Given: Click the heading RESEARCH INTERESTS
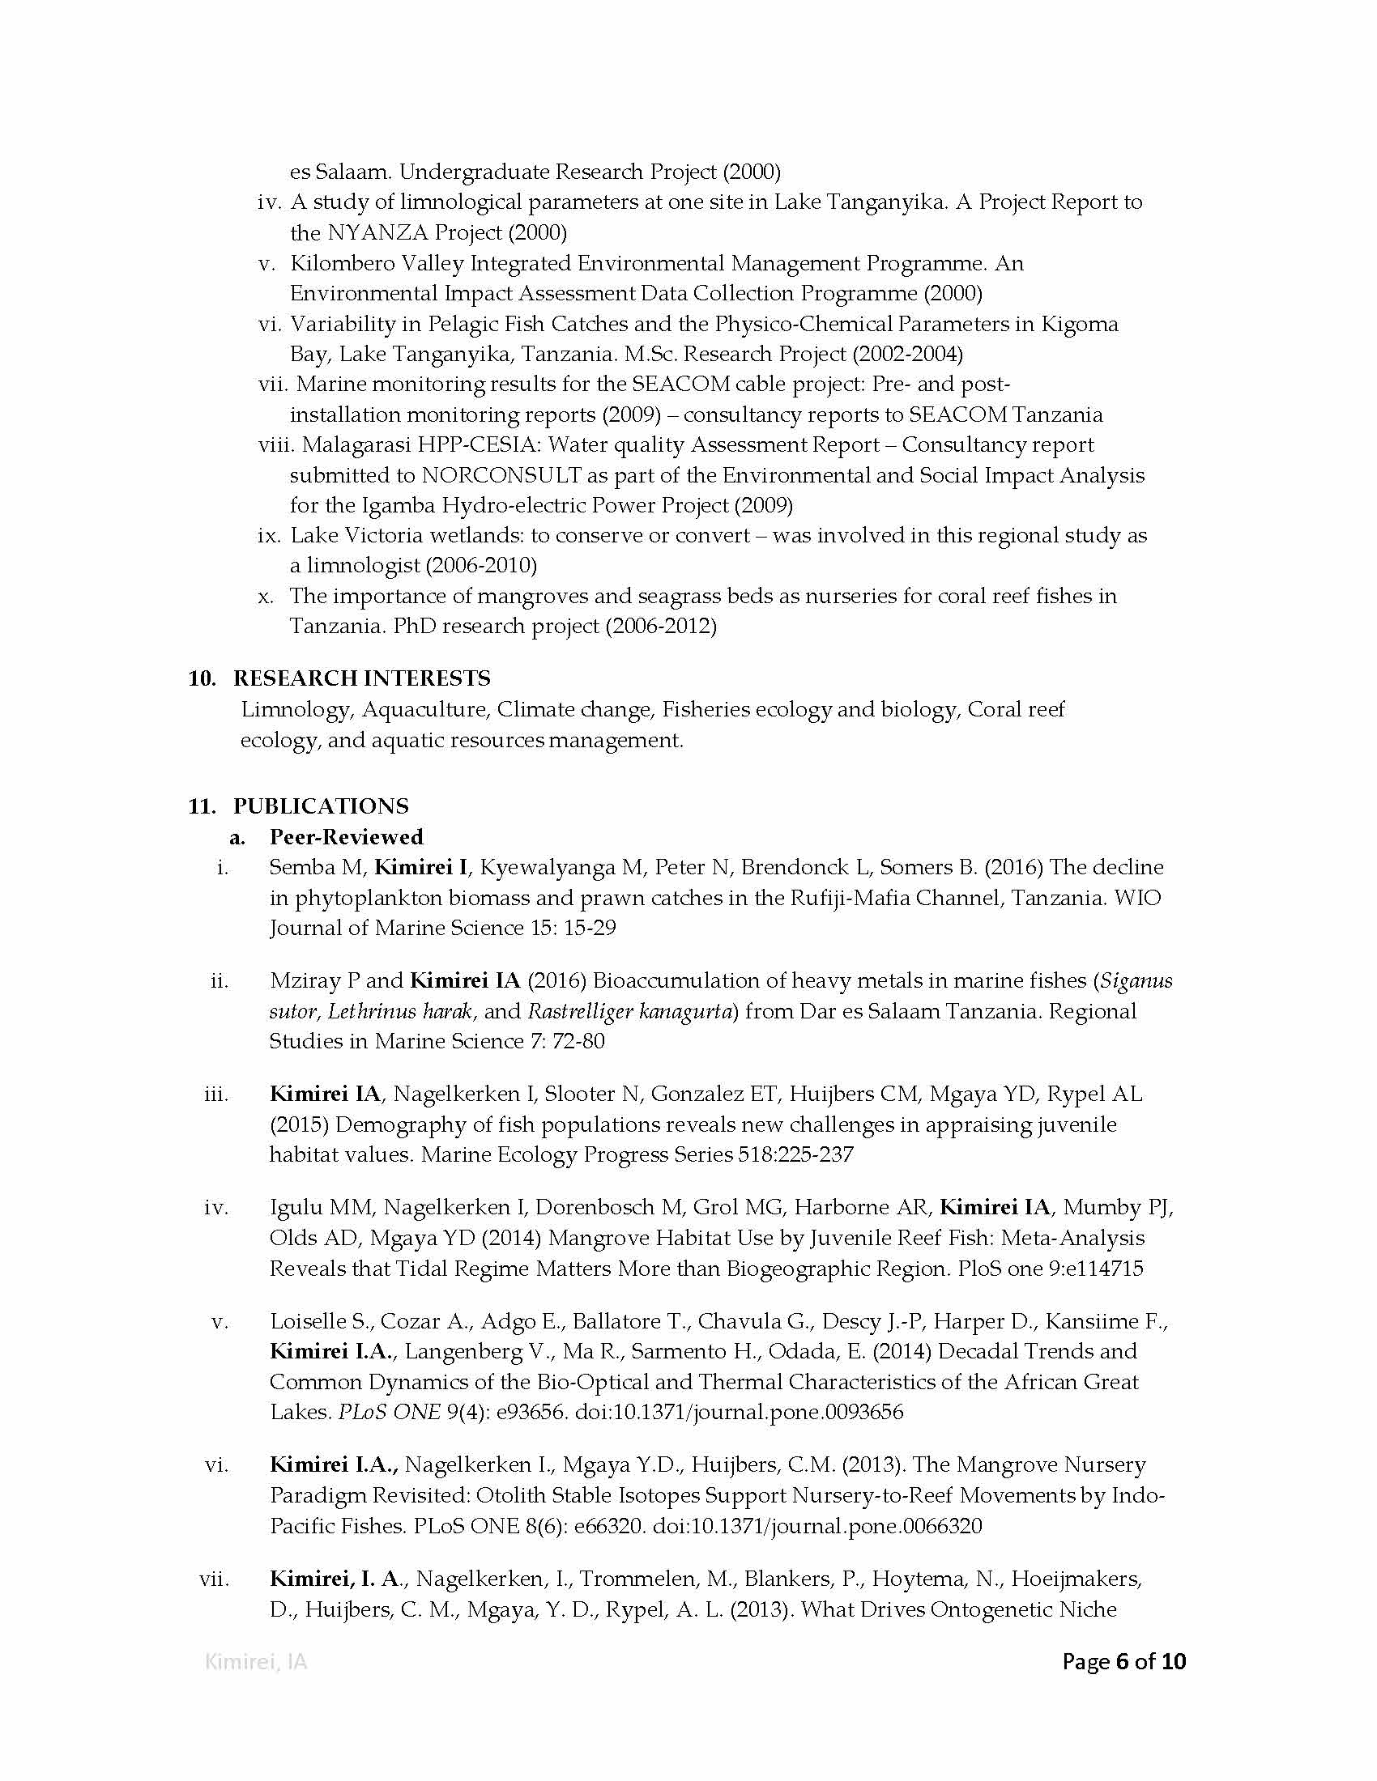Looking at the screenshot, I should pyautogui.click(x=361, y=678).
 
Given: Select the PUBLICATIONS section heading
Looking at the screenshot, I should pyautogui.click(x=321, y=805).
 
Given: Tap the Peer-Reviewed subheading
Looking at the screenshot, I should pyautogui.click(x=347, y=837).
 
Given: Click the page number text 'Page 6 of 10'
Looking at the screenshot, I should pyautogui.click(x=1123, y=1661).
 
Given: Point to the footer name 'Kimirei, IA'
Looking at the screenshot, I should pyautogui.click(x=255, y=1662).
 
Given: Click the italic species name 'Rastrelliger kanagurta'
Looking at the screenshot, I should pyautogui.click(x=629, y=1011).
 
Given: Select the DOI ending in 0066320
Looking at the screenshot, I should pyautogui.click(x=817, y=1526).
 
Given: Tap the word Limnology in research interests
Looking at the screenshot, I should pyautogui.click(x=296, y=709).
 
